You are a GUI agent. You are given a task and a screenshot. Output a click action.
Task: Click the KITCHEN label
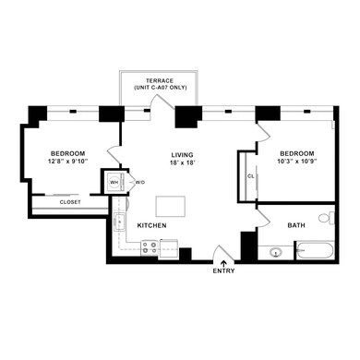click(152, 225)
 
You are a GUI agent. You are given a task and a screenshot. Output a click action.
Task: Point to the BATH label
click(296, 225)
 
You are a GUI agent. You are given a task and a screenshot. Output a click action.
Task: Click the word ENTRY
click(223, 271)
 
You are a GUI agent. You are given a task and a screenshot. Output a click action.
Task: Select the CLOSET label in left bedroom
click(69, 201)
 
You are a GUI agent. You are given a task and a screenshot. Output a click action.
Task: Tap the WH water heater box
click(114, 183)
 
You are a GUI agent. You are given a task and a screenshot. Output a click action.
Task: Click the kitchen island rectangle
click(168, 204)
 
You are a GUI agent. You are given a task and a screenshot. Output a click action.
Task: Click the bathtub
click(314, 250)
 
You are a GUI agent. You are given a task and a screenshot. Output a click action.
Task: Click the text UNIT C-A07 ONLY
click(151, 87)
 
